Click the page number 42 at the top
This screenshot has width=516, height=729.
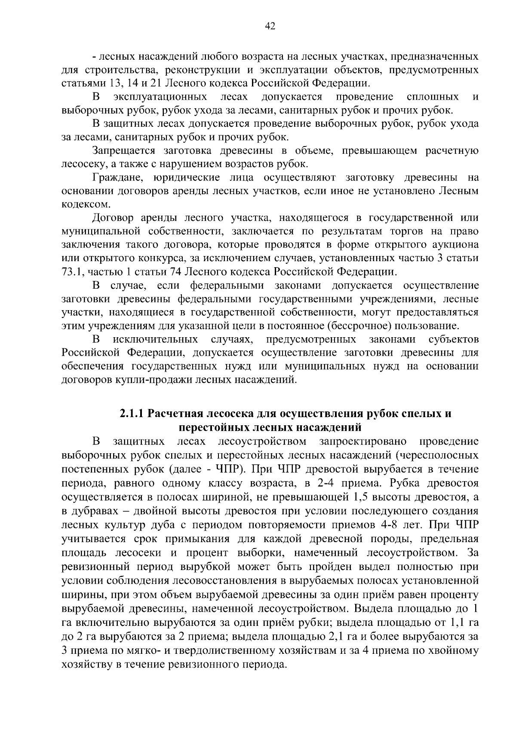click(x=270, y=27)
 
